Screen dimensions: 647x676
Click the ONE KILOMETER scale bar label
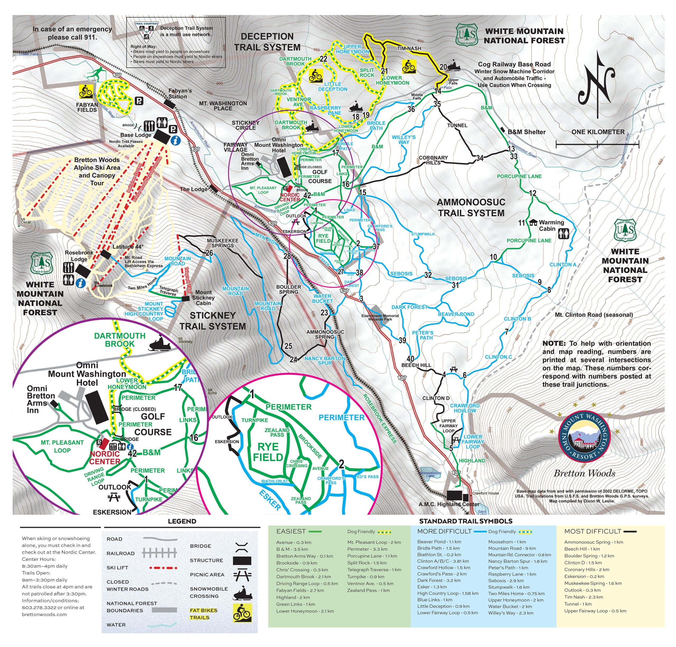[x=598, y=132]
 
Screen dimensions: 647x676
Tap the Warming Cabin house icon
[x=533, y=223]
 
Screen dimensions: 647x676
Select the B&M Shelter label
[x=526, y=132]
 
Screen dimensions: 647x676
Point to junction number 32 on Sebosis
[x=428, y=275]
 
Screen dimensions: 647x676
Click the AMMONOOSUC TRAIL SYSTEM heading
[x=471, y=207]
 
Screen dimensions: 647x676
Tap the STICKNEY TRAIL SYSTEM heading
[x=213, y=321]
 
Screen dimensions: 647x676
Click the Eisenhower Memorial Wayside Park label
[x=380, y=317]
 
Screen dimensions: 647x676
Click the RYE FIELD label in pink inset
[x=268, y=452]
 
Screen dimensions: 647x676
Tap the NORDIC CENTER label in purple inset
[x=105, y=458]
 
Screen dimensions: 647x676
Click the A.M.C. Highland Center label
[x=449, y=504]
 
